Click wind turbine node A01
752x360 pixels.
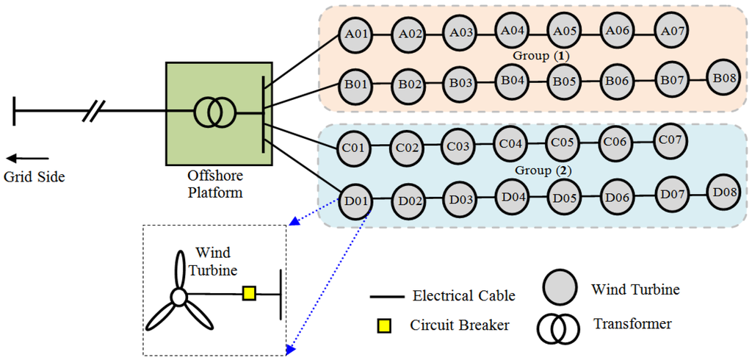pos(356,35)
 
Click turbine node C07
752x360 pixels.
pos(671,140)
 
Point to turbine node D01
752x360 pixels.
pos(355,201)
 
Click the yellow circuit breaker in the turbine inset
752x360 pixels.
pos(249,295)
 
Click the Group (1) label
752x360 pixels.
pos(540,56)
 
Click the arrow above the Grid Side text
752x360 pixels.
pos(27,158)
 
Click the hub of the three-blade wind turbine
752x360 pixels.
pos(178,297)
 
